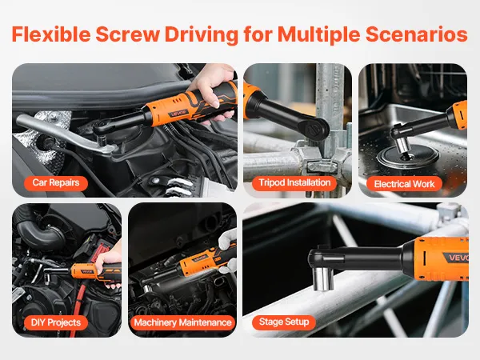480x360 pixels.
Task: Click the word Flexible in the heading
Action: [x=51, y=34]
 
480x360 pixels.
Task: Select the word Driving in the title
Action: [x=202, y=34]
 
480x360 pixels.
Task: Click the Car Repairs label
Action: [x=56, y=182]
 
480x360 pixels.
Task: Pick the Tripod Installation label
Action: [x=294, y=182]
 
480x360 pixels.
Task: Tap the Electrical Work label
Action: [x=404, y=184]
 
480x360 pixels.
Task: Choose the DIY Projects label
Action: [x=56, y=322]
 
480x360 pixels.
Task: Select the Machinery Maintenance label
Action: [x=182, y=322]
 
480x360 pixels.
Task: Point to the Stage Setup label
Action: [x=284, y=322]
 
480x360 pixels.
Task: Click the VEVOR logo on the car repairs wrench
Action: [x=178, y=113]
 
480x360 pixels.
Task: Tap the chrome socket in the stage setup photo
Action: [x=323, y=278]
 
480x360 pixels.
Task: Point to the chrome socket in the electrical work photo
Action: [x=404, y=146]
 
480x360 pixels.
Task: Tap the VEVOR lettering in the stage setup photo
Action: [x=458, y=258]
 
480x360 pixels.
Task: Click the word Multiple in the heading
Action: [x=318, y=34]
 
